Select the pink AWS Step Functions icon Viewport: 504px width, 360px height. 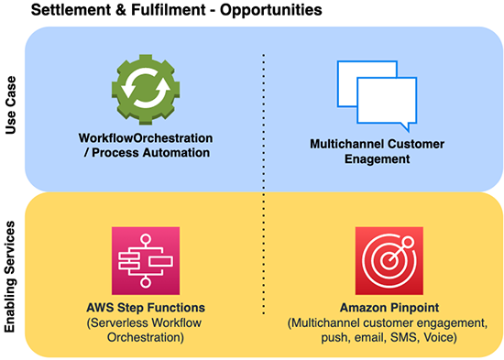click(144, 259)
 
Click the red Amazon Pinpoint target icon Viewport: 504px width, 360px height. click(389, 259)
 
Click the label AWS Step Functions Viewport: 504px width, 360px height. click(146, 307)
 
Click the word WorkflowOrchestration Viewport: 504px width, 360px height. click(146, 137)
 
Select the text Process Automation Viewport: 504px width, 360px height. click(150, 152)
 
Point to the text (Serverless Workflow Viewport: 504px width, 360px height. click(146, 322)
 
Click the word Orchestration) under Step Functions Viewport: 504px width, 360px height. click(146, 337)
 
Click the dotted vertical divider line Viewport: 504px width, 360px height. click(265, 183)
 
